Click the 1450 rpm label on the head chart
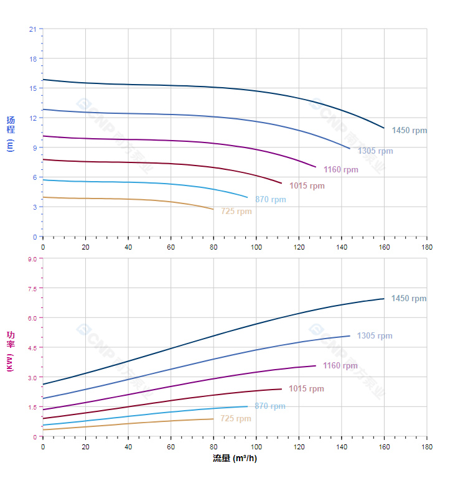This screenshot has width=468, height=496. [409, 131]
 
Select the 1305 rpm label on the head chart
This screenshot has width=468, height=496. [375, 151]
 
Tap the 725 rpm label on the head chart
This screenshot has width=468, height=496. [236, 212]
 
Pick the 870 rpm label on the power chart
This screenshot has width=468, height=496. [270, 406]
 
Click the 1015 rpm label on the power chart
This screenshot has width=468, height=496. [306, 389]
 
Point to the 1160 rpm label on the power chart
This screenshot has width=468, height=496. [340, 366]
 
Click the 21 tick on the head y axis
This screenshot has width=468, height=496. [32, 29]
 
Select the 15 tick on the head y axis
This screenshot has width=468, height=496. [32, 88]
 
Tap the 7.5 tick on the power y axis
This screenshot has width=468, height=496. [32, 288]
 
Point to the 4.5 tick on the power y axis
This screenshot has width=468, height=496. [32, 347]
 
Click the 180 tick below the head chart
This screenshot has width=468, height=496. [427, 247]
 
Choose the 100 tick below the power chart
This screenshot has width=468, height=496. [256, 447]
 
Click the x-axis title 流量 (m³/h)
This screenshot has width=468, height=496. [235, 459]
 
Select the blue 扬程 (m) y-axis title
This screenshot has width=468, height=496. [10, 134]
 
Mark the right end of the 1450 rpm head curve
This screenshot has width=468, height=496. [384, 128]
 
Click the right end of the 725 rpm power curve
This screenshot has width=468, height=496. [213, 419]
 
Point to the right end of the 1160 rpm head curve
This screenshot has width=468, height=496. [316, 167]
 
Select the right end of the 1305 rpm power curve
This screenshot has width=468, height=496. [350, 336]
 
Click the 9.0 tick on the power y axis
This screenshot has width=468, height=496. [32, 258]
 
